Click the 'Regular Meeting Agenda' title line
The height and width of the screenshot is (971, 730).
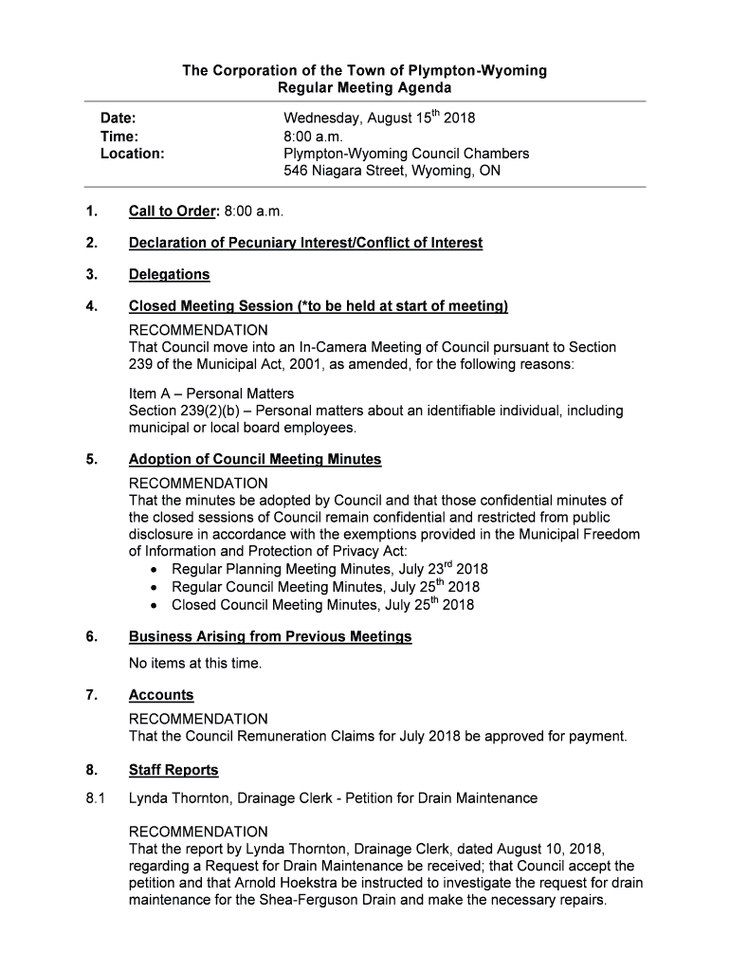click(364, 88)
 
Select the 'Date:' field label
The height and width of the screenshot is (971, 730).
click(119, 119)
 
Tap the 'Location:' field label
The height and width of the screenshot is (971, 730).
click(133, 154)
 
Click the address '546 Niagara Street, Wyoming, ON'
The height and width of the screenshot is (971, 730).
click(392, 172)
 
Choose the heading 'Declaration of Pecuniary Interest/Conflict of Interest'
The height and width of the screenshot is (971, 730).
click(305, 243)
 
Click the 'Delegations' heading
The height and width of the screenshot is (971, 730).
click(169, 275)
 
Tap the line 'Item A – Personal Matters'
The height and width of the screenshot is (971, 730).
click(211, 394)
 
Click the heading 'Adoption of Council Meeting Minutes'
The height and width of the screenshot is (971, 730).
click(254, 460)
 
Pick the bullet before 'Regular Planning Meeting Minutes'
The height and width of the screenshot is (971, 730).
click(155, 570)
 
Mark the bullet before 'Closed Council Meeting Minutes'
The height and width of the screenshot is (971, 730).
click(155, 605)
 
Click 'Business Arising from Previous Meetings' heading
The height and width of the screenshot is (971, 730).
click(270, 636)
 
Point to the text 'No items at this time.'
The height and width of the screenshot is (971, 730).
click(195, 664)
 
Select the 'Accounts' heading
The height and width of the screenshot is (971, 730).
click(161, 695)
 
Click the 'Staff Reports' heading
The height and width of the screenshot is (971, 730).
click(173, 770)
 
